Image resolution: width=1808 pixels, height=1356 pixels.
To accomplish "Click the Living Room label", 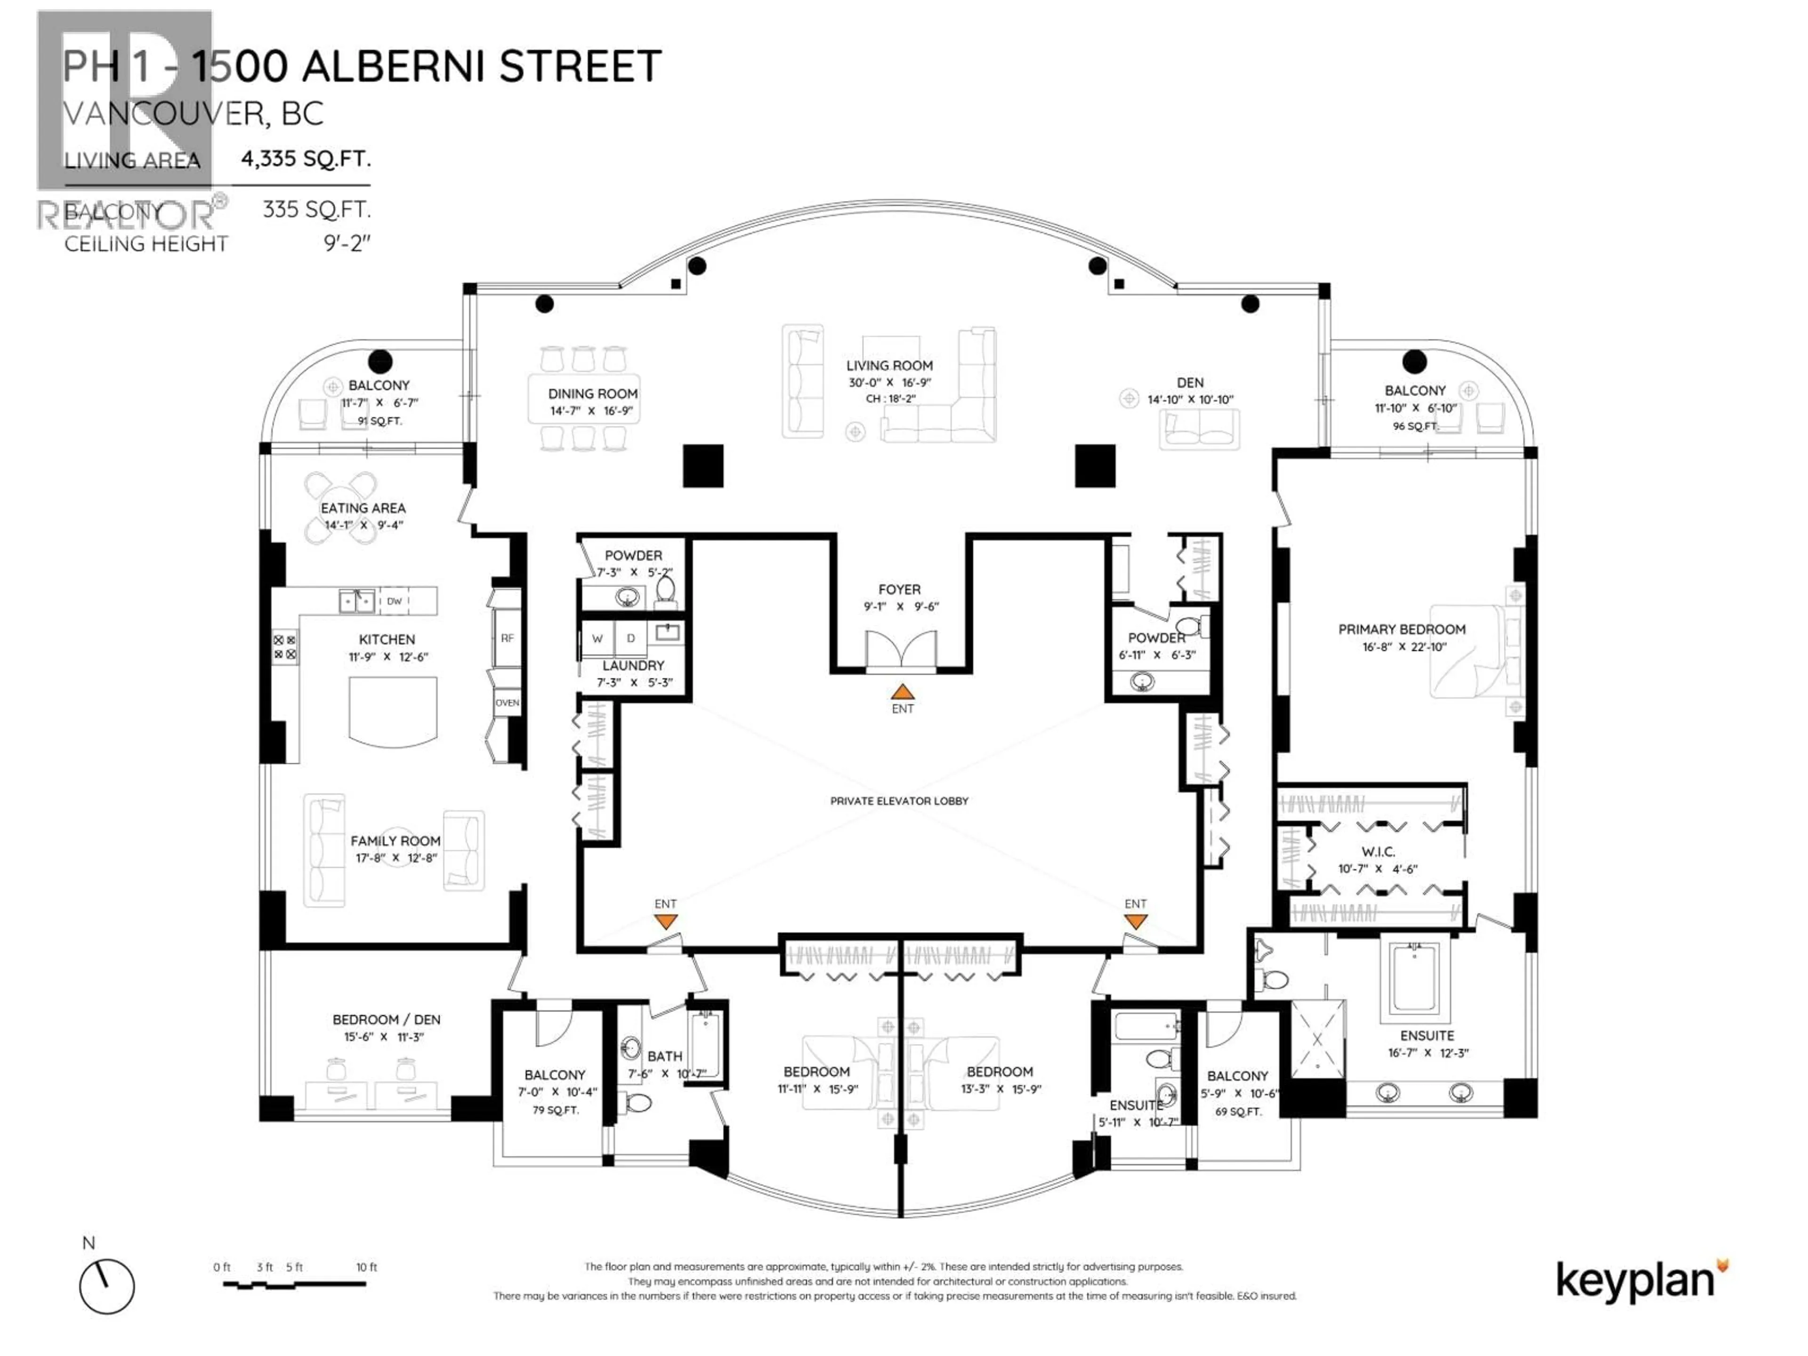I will pyautogui.click(x=889, y=365).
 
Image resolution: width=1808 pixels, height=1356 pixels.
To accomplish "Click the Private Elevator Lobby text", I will pyautogui.click(x=899, y=801).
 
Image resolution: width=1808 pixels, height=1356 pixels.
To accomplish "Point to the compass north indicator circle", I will pyautogui.click(x=106, y=1286).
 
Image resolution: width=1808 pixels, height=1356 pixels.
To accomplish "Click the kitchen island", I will pyautogui.click(x=392, y=710).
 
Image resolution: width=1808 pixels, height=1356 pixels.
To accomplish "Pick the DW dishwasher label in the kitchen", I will pyautogui.click(x=395, y=601).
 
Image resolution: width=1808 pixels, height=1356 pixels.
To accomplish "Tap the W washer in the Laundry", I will pyautogui.click(x=597, y=638).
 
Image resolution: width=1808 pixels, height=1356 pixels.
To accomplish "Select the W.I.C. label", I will pyautogui.click(x=1378, y=852).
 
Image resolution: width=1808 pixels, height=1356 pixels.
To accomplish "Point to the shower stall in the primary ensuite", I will pyautogui.click(x=1317, y=1040).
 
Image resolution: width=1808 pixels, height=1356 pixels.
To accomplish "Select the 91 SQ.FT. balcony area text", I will pyautogui.click(x=380, y=421).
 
